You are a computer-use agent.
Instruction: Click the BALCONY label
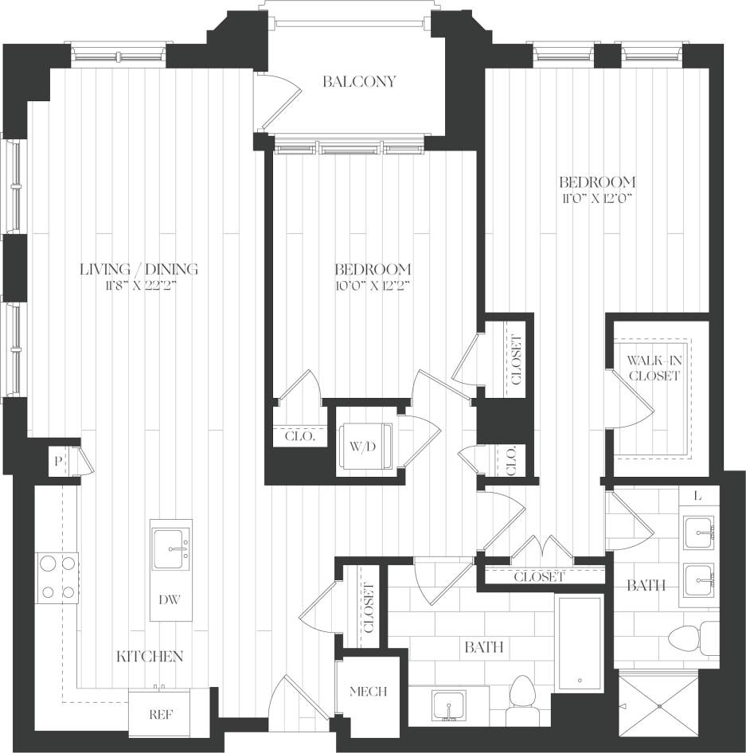click(x=359, y=82)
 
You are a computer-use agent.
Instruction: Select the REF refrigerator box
click(x=161, y=714)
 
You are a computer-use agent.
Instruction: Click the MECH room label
click(x=367, y=692)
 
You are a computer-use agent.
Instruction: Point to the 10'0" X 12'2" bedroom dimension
click(x=372, y=285)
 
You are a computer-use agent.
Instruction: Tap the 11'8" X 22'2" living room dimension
click(x=139, y=285)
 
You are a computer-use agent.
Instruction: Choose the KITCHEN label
click(x=150, y=656)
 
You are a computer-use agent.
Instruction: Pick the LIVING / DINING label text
click(x=139, y=269)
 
